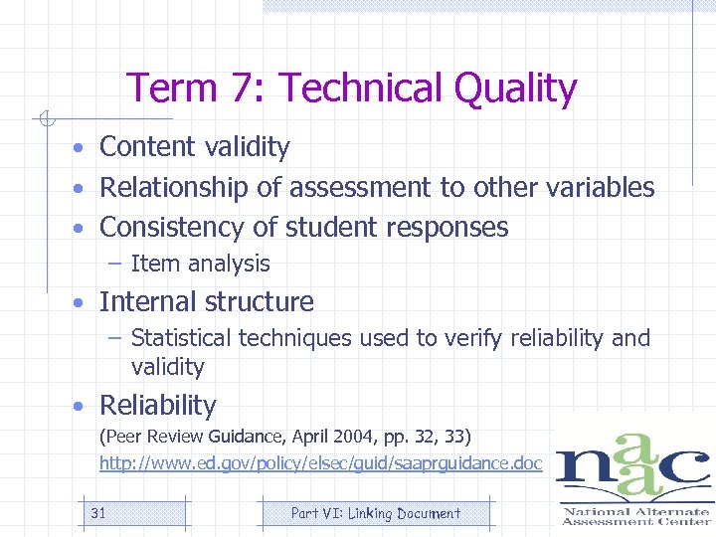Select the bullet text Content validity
coord(195,147)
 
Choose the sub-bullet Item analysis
coord(200,264)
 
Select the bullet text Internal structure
coord(206,301)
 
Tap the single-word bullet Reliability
coord(157,406)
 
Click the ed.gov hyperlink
coord(320,463)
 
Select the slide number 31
coord(98,513)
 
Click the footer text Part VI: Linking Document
coord(375,513)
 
